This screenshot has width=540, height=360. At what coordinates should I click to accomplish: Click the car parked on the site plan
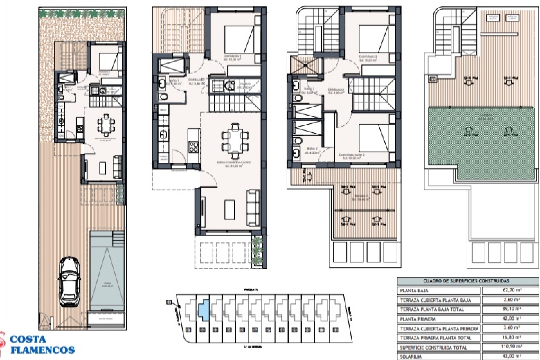tap(69, 282)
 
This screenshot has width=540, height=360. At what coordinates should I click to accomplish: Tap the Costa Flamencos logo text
tap(42, 344)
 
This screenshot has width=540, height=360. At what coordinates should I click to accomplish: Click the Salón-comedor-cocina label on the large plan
tap(234, 163)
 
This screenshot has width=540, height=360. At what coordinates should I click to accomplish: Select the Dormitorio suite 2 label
tap(352, 155)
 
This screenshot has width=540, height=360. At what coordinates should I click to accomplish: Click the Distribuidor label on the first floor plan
tap(336, 90)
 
